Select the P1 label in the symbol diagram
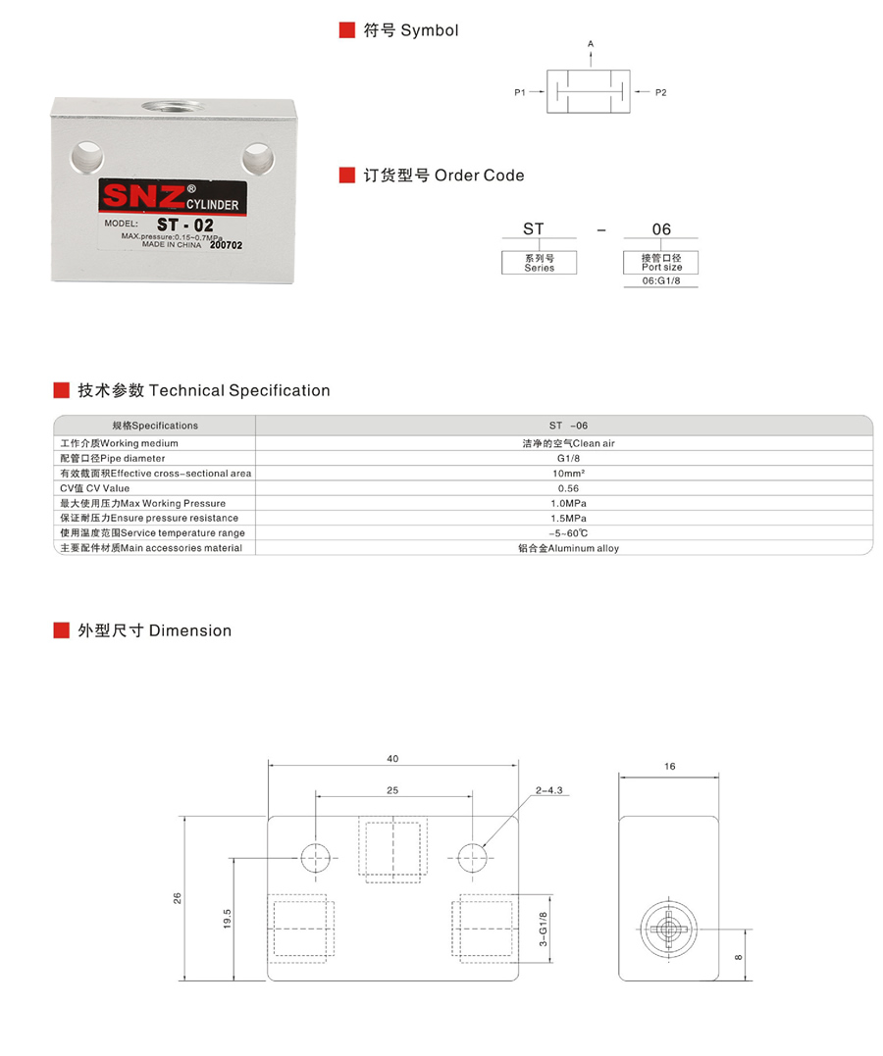coord(520,92)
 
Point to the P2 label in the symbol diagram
coord(660,92)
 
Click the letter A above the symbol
coord(591,44)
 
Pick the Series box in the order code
coord(539,263)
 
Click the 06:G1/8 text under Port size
coord(661,281)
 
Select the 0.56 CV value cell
coord(568,488)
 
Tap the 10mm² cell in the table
coord(568,474)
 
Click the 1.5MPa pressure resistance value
coord(568,518)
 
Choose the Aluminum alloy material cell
coord(568,548)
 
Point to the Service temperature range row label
coord(153,532)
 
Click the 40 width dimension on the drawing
coord(393,758)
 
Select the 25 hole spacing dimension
coord(392,789)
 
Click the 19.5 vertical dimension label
coord(227,919)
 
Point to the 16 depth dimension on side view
coord(670,767)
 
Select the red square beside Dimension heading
coord(61,630)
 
